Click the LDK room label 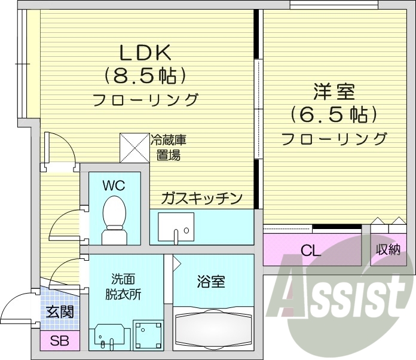(146, 54)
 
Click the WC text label (114, 185)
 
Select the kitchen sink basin (176, 228)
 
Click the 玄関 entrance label (60, 311)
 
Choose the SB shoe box (59, 341)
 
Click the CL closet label (311, 250)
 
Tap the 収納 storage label (388, 250)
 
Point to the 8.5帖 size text (146, 75)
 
